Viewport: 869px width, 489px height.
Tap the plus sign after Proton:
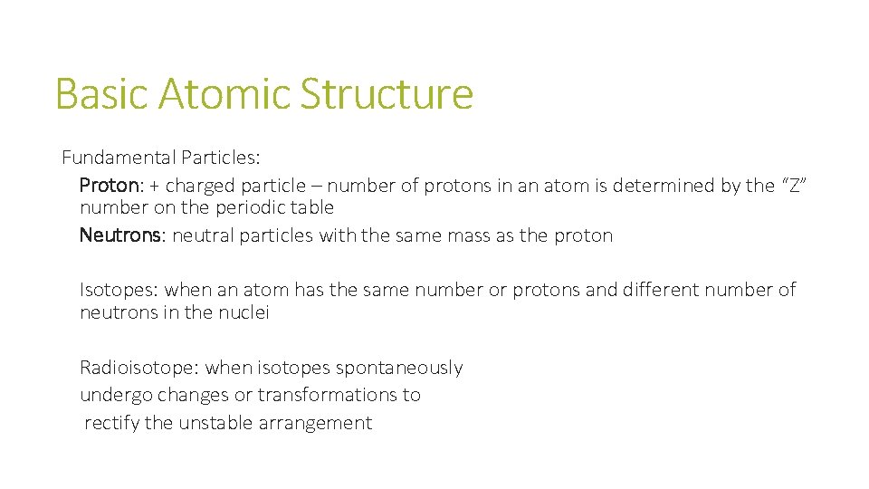tap(155, 186)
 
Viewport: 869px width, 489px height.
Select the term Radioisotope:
tap(139, 368)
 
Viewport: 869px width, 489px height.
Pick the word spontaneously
tap(399, 368)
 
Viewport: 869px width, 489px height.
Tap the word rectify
tap(110, 423)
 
